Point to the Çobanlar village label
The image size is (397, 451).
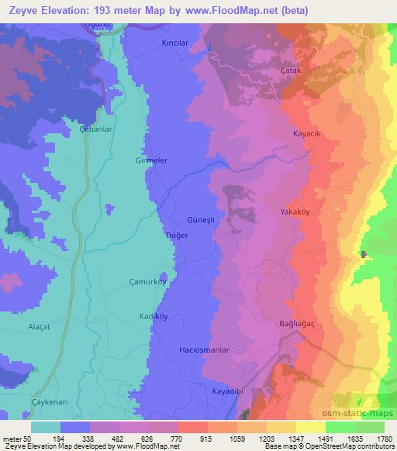[95, 129]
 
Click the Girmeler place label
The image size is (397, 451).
[151, 160]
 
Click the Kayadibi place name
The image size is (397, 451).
[229, 391]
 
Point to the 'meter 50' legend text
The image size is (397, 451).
[17, 439]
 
